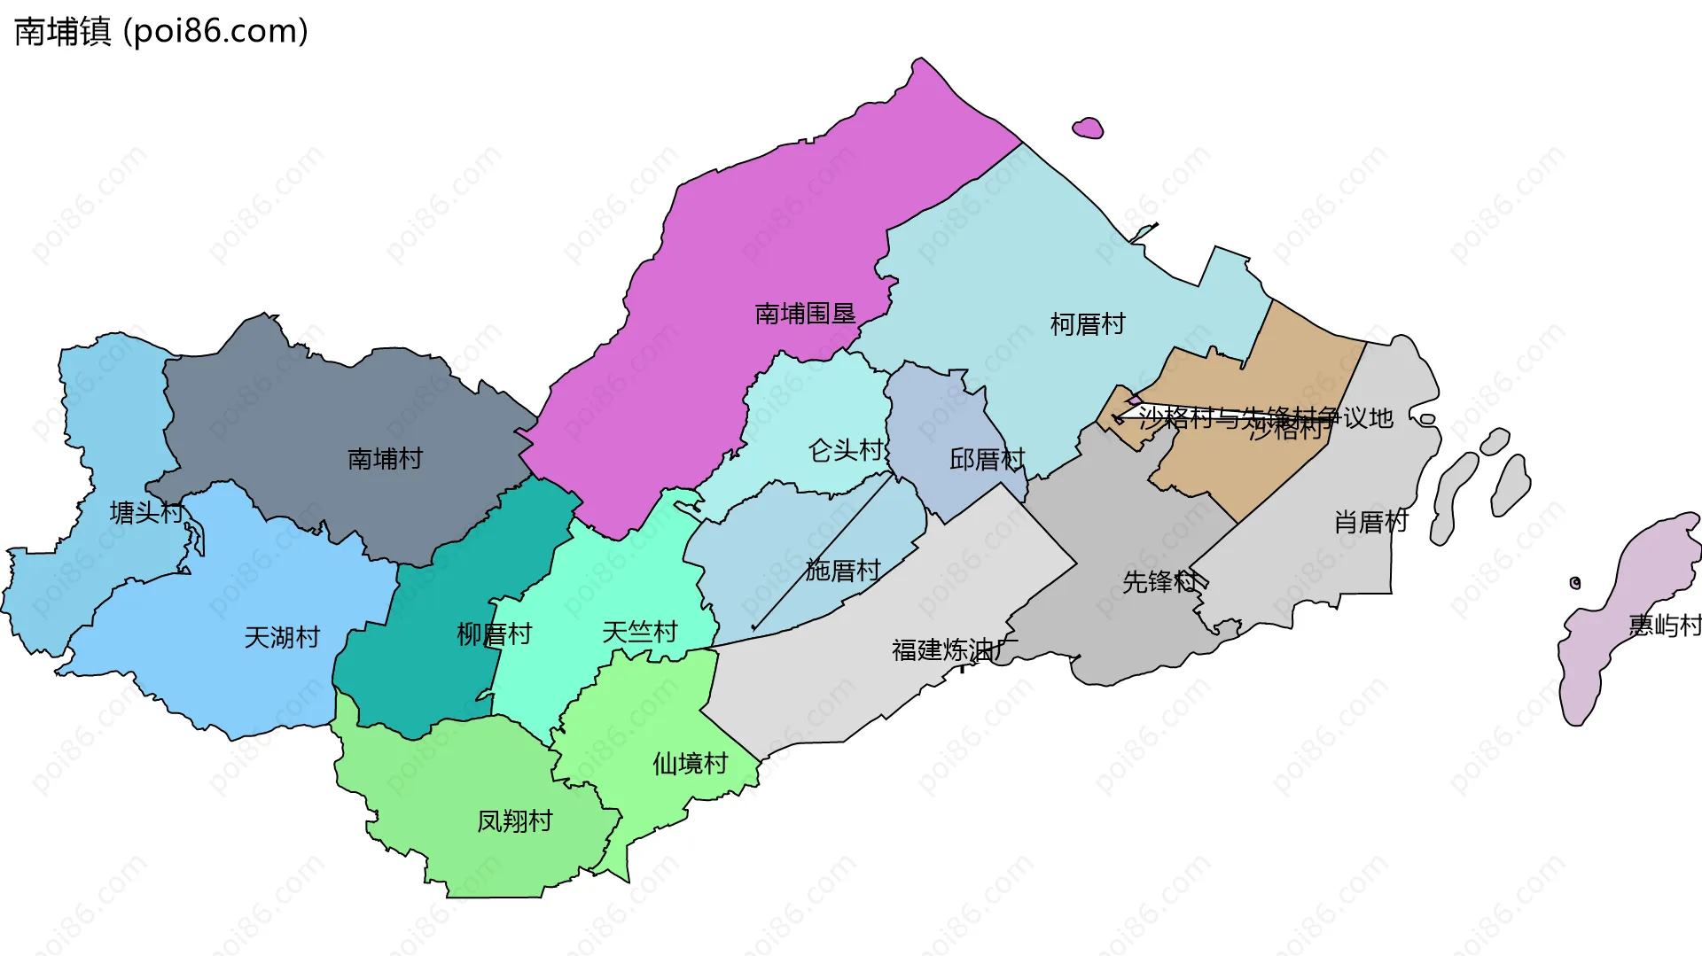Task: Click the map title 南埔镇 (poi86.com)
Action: point(161,31)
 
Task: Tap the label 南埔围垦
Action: point(805,314)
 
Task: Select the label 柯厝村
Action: point(1088,324)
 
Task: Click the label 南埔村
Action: point(385,459)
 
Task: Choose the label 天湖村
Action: point(282,637)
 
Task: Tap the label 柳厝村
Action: point(494,634)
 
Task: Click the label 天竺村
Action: point(639,632)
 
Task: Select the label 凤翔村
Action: point(514,821)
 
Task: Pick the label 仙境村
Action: point(690,763)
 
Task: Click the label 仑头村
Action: point(846,451)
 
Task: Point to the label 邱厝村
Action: point(987,459)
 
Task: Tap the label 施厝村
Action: point(843,570)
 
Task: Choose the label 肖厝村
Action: point(1370,522)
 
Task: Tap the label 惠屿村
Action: point(1664,626)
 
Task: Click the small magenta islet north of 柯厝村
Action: point(1088,129)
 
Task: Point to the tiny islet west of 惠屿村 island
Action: point(1575,582)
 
